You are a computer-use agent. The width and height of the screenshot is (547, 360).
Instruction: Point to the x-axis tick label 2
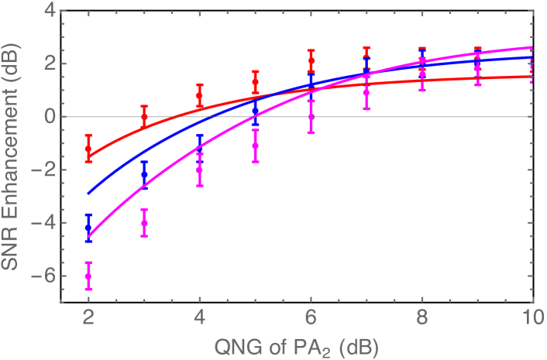[88, 318]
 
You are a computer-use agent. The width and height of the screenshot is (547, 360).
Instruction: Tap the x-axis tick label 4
[199, 318]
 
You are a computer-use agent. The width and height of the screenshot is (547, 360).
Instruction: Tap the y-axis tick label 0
[50, 117]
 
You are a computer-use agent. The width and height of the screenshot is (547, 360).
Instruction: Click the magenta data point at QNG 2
[88, 276]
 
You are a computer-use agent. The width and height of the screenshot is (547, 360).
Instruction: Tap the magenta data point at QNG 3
[144, 222]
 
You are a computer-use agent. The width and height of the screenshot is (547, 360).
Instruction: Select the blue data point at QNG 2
[88, 228]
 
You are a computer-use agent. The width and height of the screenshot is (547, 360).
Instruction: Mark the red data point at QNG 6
[311, 60]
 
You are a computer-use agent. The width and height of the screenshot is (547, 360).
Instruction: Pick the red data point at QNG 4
[199, 96]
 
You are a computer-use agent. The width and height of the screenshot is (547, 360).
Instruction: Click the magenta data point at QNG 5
[255, 145]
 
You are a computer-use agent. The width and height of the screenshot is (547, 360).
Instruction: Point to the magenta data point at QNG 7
[366, 92]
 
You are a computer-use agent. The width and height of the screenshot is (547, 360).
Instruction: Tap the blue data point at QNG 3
[144, 175]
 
